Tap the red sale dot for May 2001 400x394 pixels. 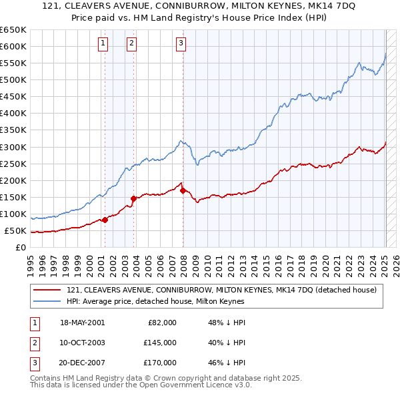coord(105,219)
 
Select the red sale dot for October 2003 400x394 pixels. coord(133,198)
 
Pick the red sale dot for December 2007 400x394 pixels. coord(183,190)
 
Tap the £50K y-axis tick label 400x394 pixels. coord(16,231)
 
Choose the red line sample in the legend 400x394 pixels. coord(47,290)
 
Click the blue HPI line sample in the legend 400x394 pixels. coord(47,301)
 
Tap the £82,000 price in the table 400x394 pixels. coord(161,323)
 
